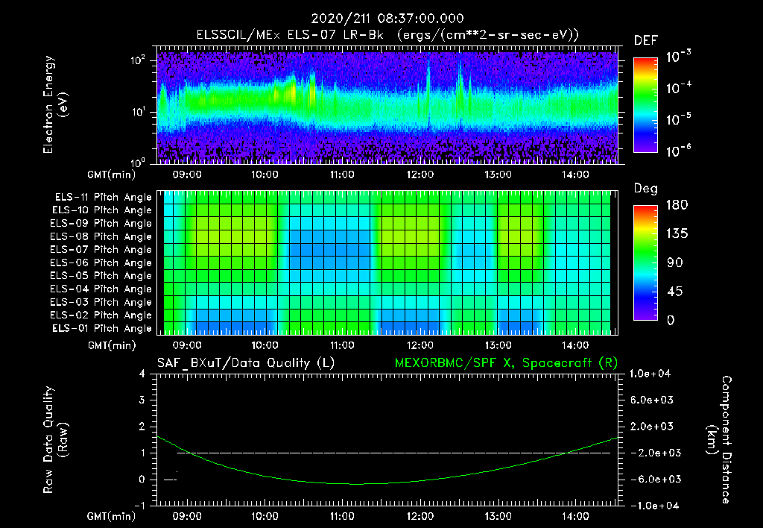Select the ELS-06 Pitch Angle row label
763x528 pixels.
pos(101,263)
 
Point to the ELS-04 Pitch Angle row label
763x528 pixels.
pos(101,289)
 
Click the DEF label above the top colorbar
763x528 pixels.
pos(645,41)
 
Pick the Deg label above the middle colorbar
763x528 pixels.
pos(645,188)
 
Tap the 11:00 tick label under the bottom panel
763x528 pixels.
pos(342,516)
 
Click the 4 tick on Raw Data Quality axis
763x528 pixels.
pos(142,374)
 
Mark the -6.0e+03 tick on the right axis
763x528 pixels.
pos(652,479)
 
